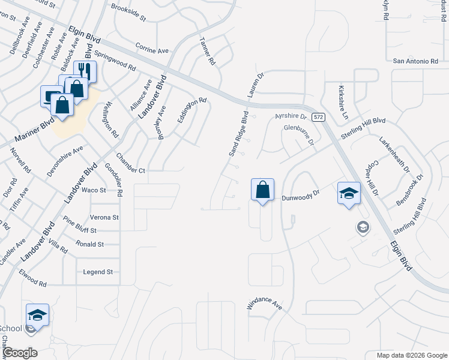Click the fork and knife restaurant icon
click(85, 71)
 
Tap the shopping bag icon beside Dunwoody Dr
click(262, 190)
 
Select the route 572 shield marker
click(319, 116)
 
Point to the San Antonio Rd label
click(415, 61)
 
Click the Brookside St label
click(128, 13)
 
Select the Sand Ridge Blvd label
click(238, 134)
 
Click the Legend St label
click(98, 272)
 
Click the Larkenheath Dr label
click(394, 153)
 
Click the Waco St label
click(94, 190)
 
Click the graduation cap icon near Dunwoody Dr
click(348, 193)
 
